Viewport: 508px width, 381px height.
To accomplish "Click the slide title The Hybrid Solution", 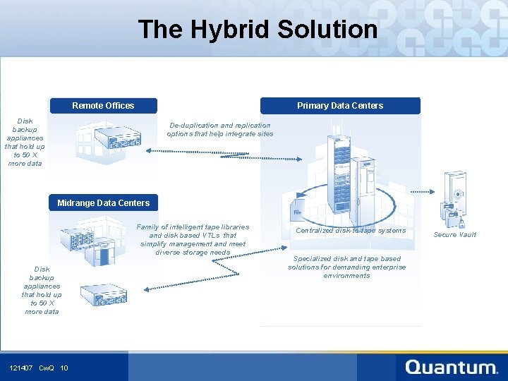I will pos(258,30).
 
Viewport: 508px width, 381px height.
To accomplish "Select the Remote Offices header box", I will pos(103,106).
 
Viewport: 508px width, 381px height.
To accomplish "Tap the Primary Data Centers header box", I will pos(340,106).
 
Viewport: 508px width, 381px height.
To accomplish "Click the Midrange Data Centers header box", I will pos(104,203).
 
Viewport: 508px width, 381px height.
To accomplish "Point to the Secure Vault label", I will pos(454,235).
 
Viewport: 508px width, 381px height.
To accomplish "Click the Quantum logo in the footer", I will pos(452,367).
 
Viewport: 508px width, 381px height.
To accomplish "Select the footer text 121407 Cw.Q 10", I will pos(39,368).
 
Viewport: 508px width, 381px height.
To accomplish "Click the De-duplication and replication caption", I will pos(219,130).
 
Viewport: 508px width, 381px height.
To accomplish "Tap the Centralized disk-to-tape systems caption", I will pos(351,231).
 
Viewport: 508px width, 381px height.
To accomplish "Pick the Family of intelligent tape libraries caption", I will pos(193,240).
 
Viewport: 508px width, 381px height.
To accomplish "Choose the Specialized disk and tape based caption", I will pos(346,267).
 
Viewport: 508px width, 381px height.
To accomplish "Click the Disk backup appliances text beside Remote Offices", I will pos(25,143).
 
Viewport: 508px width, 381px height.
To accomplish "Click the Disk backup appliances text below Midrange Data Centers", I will pos(42,290).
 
